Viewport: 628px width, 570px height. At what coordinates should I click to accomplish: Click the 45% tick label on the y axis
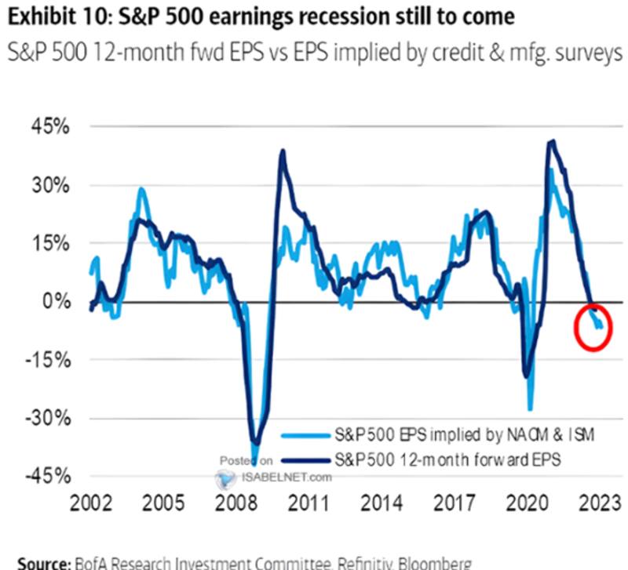click(x=51, y=127)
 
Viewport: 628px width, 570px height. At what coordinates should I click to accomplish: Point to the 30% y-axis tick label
click(x=51, y=186)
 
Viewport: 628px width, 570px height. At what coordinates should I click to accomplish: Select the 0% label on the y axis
click(x=57, y=301)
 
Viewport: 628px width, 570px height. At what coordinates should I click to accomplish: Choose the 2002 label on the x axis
click(x=92, y=502)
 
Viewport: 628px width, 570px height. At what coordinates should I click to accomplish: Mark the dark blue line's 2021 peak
click(x=553, y=141)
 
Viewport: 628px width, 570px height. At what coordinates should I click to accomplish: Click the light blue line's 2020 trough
click(x=531, y=408)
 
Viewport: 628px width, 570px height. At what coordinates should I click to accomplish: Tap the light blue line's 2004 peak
click(x=141, y=188)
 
